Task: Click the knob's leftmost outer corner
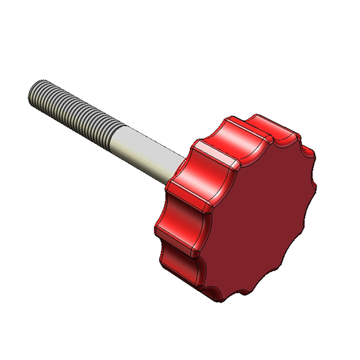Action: [x=156, y=230]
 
